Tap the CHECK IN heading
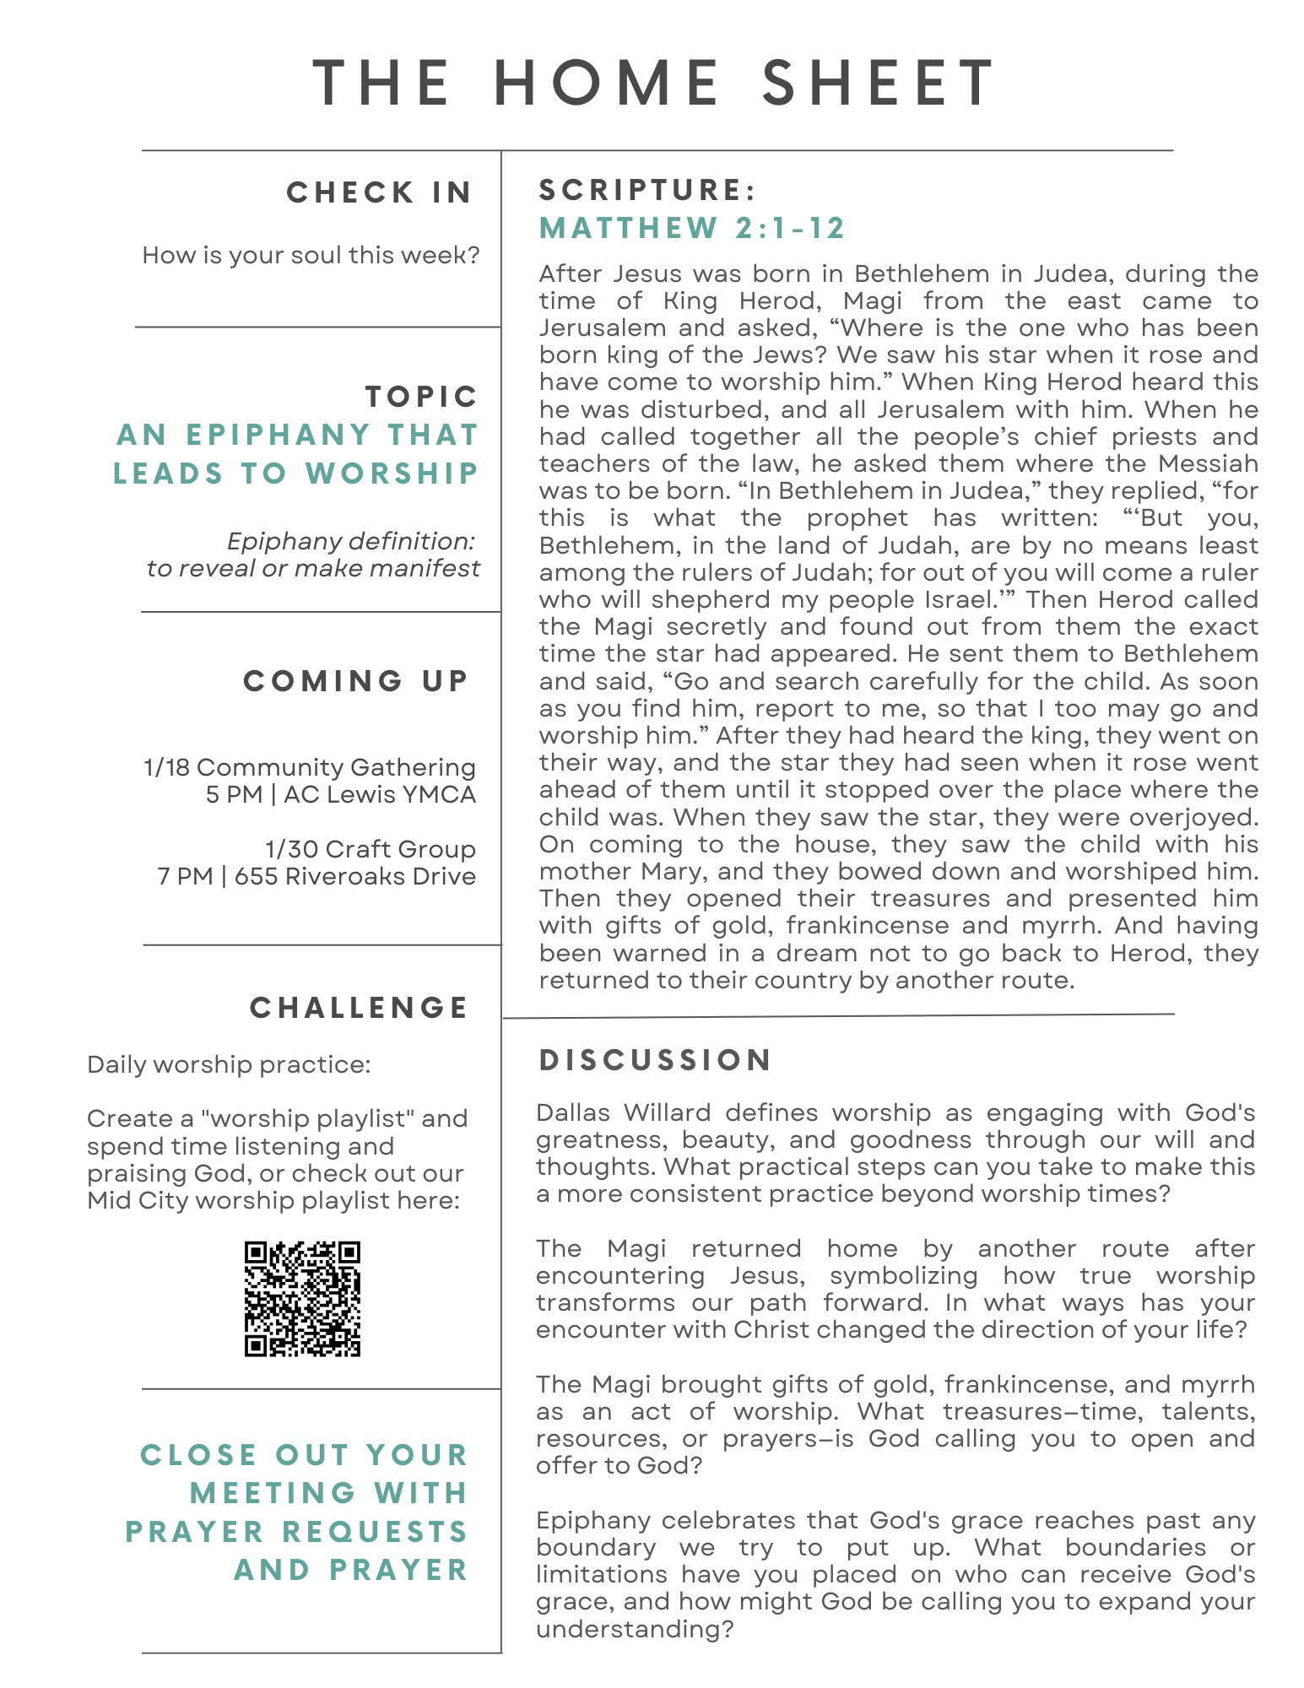[x=379, y=192]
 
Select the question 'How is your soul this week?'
[x=311, y=255]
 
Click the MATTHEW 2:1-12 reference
[x=692, y=228]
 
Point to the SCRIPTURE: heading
[x=647, y=190]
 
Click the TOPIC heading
[x=421, y=396]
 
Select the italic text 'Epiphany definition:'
[x=351, y=541]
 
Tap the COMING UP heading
[x=355, y=680]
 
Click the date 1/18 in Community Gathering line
[x=166, y=767]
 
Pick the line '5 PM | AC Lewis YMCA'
[x=341, y=794]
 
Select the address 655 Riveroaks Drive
[x=354, y=876]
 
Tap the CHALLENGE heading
[x=359, y=1007]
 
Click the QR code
[x=302, y=1298]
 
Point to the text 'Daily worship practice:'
[x=229, y=1064]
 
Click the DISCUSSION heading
[x=655, y=1060]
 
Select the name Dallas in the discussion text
[x=573, y=1112]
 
